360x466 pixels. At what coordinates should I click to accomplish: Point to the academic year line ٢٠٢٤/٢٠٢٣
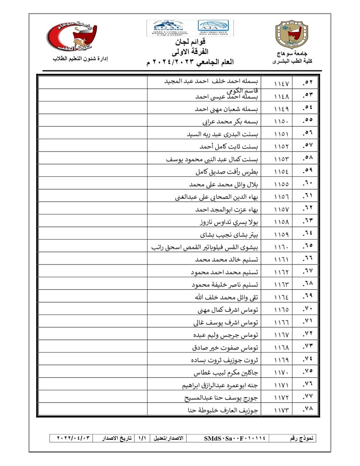click(x=192, y=62)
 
